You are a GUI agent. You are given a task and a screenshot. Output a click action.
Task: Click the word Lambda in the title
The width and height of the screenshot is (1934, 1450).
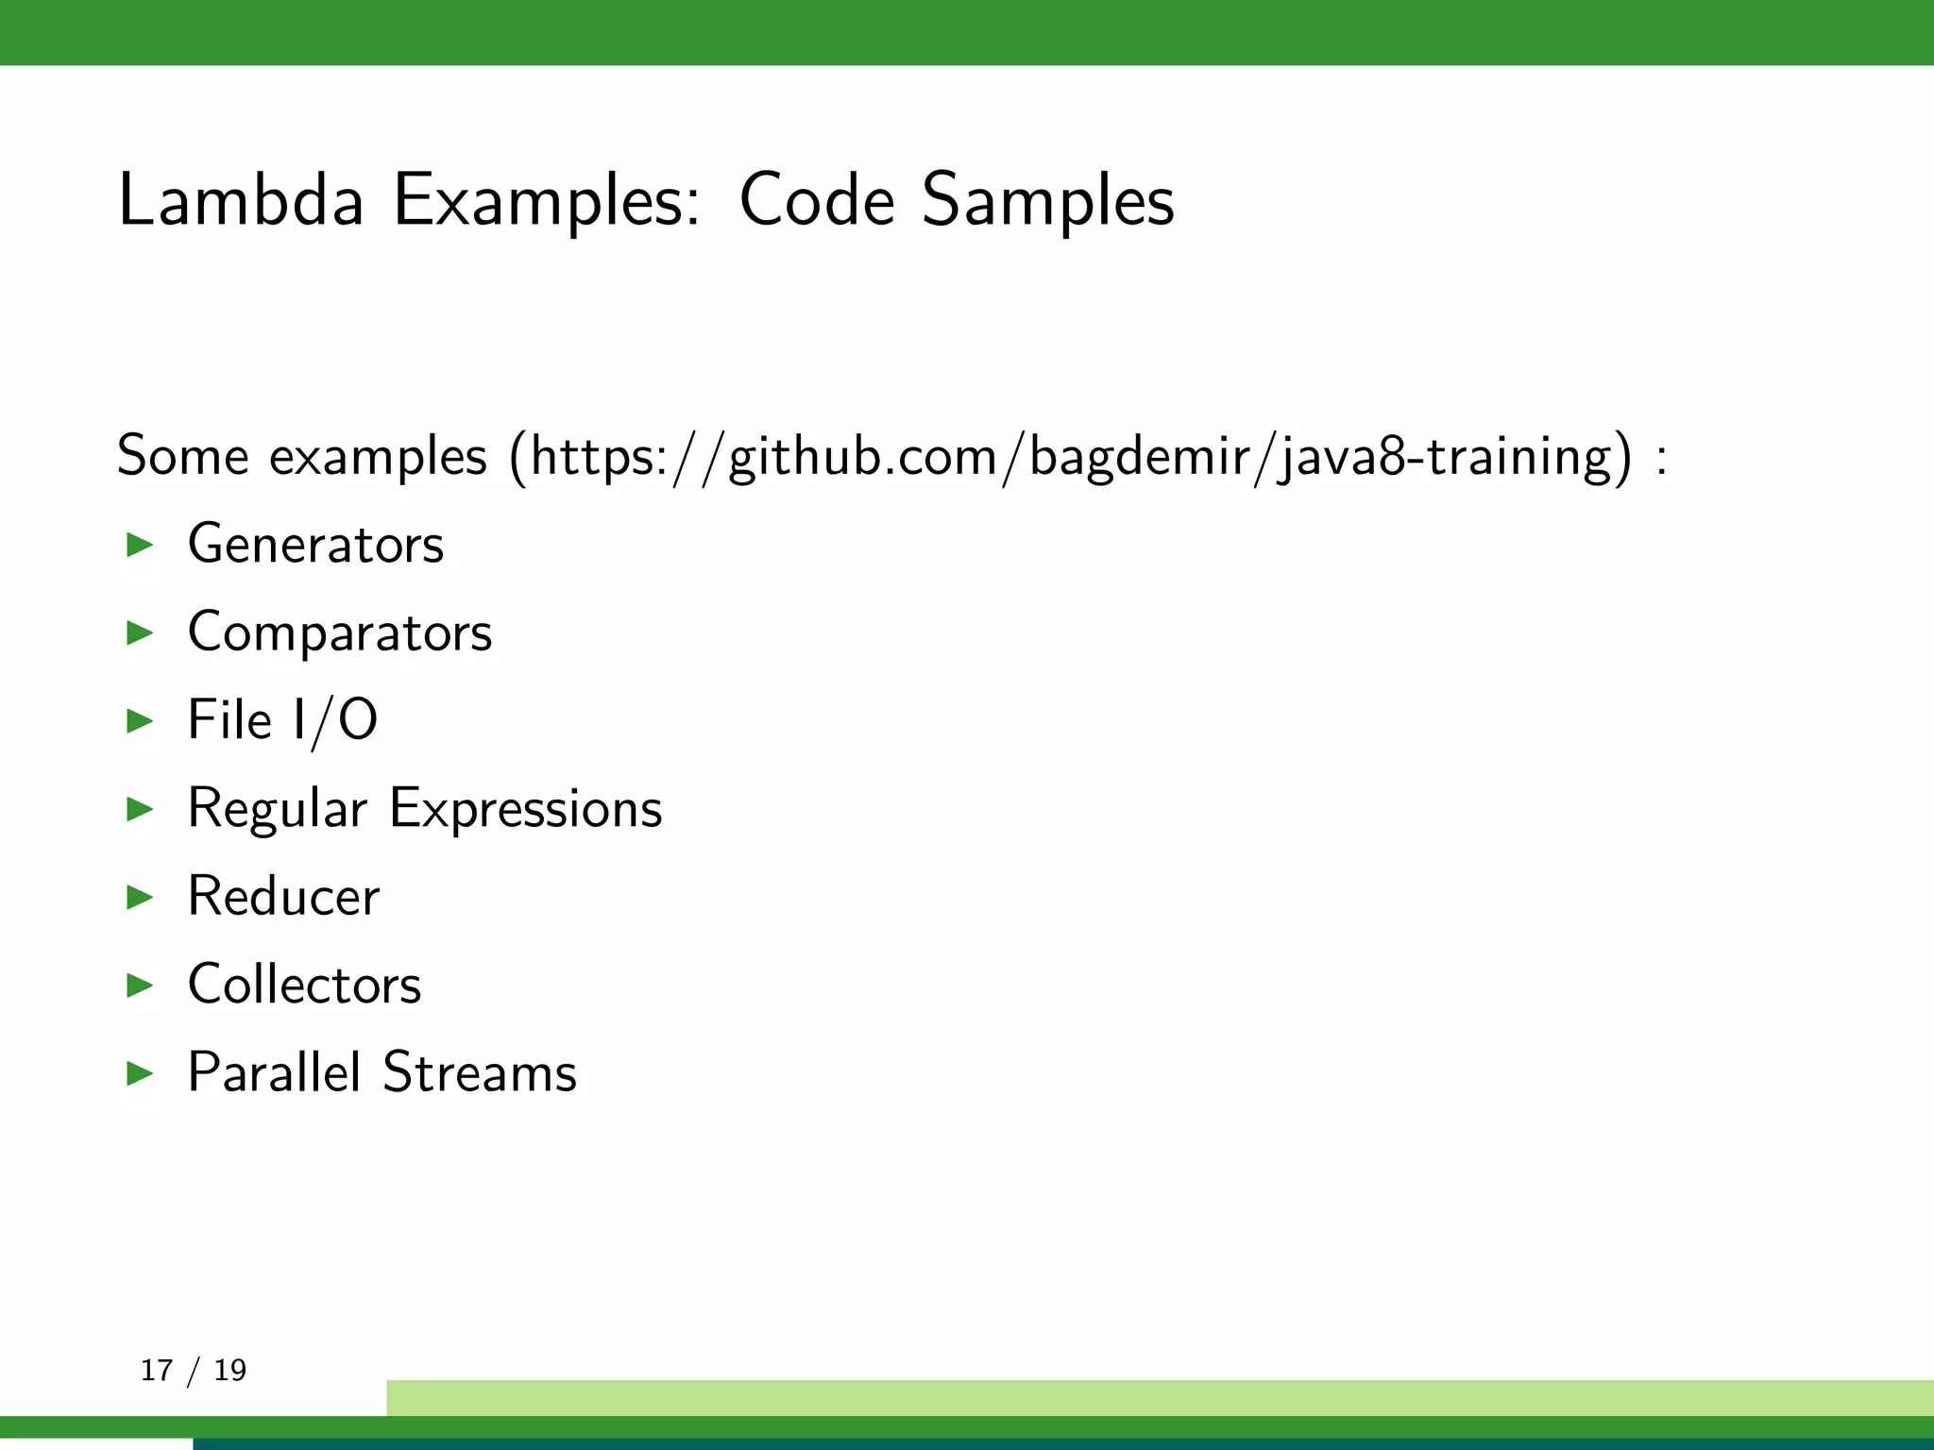(x=241, y=200)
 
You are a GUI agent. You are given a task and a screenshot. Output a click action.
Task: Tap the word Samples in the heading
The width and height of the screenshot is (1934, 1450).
(x=1048, y=200)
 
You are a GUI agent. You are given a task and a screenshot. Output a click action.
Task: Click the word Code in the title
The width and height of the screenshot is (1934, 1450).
(x=817, y=200)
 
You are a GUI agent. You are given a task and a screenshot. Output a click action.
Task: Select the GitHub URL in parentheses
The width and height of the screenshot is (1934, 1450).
(x=1071, y=458)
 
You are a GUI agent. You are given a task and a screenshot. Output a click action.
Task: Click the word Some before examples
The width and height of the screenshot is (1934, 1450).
(x=182, y=456)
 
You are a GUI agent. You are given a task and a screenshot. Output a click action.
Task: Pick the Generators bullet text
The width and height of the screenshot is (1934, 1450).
(x=315, y=545)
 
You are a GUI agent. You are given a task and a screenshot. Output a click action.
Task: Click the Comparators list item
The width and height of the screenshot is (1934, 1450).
(x=340, y=632)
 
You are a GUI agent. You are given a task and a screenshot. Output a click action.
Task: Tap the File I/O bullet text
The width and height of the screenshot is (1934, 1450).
(x=282, y=720)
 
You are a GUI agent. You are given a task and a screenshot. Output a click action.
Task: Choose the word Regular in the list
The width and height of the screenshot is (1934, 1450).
(x=277, y=810)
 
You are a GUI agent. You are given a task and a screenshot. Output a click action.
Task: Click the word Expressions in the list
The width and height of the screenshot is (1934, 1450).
(x=526, y=810)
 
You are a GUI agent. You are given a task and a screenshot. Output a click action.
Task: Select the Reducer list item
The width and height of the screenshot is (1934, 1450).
(x=283, y=896)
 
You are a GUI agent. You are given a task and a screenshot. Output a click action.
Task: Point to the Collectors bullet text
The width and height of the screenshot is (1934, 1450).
(x=304, y=985)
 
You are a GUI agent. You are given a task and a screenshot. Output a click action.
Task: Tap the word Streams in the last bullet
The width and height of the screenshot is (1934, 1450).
(x=480, y=1072)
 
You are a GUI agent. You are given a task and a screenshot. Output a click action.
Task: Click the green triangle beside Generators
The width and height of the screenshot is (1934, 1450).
(x=140, y=545)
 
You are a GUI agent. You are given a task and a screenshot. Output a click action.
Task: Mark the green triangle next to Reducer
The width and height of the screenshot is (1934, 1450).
(x=140, y=897)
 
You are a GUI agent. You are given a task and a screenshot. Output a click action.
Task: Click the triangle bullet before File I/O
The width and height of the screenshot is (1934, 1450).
(x=140, y=721)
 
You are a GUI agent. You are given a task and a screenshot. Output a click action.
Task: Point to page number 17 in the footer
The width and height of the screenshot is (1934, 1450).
(x=157, y=1370)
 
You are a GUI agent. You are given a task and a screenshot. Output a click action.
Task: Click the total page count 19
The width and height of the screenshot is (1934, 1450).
(x=229, y=1370)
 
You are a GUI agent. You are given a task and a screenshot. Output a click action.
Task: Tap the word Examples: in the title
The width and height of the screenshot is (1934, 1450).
(x=547, y=200)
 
